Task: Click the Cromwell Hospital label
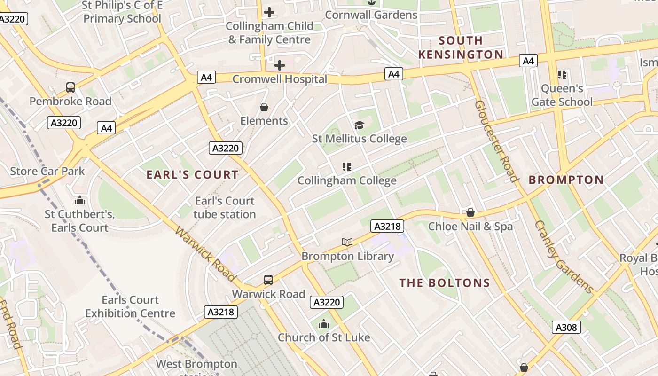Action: point(280,79)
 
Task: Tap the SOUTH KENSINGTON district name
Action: point(461,47)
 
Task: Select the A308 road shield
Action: point(566,328)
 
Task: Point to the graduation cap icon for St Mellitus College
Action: point(359,125)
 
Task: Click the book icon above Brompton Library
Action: point(347,243)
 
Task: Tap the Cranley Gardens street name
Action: point(563,256)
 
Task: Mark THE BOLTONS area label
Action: point(445,283)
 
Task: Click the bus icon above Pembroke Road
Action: point(70,87)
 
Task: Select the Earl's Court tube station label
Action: point(225,208)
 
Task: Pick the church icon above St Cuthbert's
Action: point(80,201)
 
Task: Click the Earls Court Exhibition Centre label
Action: point(130,306)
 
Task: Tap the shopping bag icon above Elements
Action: point(264,108)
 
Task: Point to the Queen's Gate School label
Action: point(562,95)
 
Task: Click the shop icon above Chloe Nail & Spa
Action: point(470,213)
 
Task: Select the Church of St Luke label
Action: point(324,337)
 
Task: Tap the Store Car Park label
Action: point(47,171)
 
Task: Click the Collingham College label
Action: point(347,180)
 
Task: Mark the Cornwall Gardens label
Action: point(371,15)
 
